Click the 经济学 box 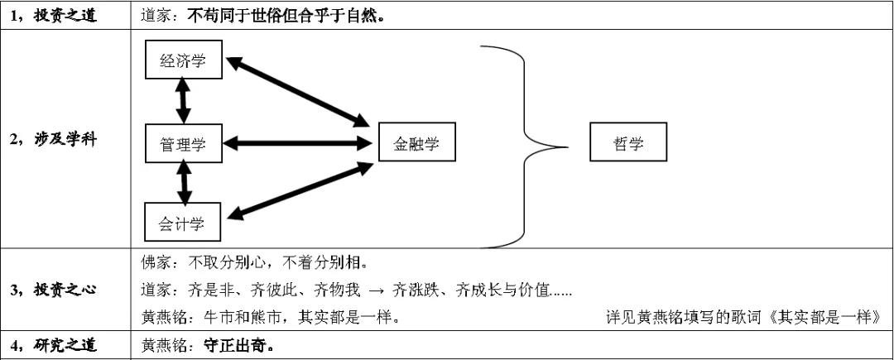(x=183, y=60)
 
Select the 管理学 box (x=183, y=145)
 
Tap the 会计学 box (x=183, y=223)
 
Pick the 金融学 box (x=416, y=145)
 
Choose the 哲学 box (x=628, y=145)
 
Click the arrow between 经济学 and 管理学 (x=183, y=102)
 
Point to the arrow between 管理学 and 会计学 (x=184, y=183)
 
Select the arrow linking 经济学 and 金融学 (x=298, y=92)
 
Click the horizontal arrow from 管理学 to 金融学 (x=298, y=143)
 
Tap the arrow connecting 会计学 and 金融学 (x=298, y=190)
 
